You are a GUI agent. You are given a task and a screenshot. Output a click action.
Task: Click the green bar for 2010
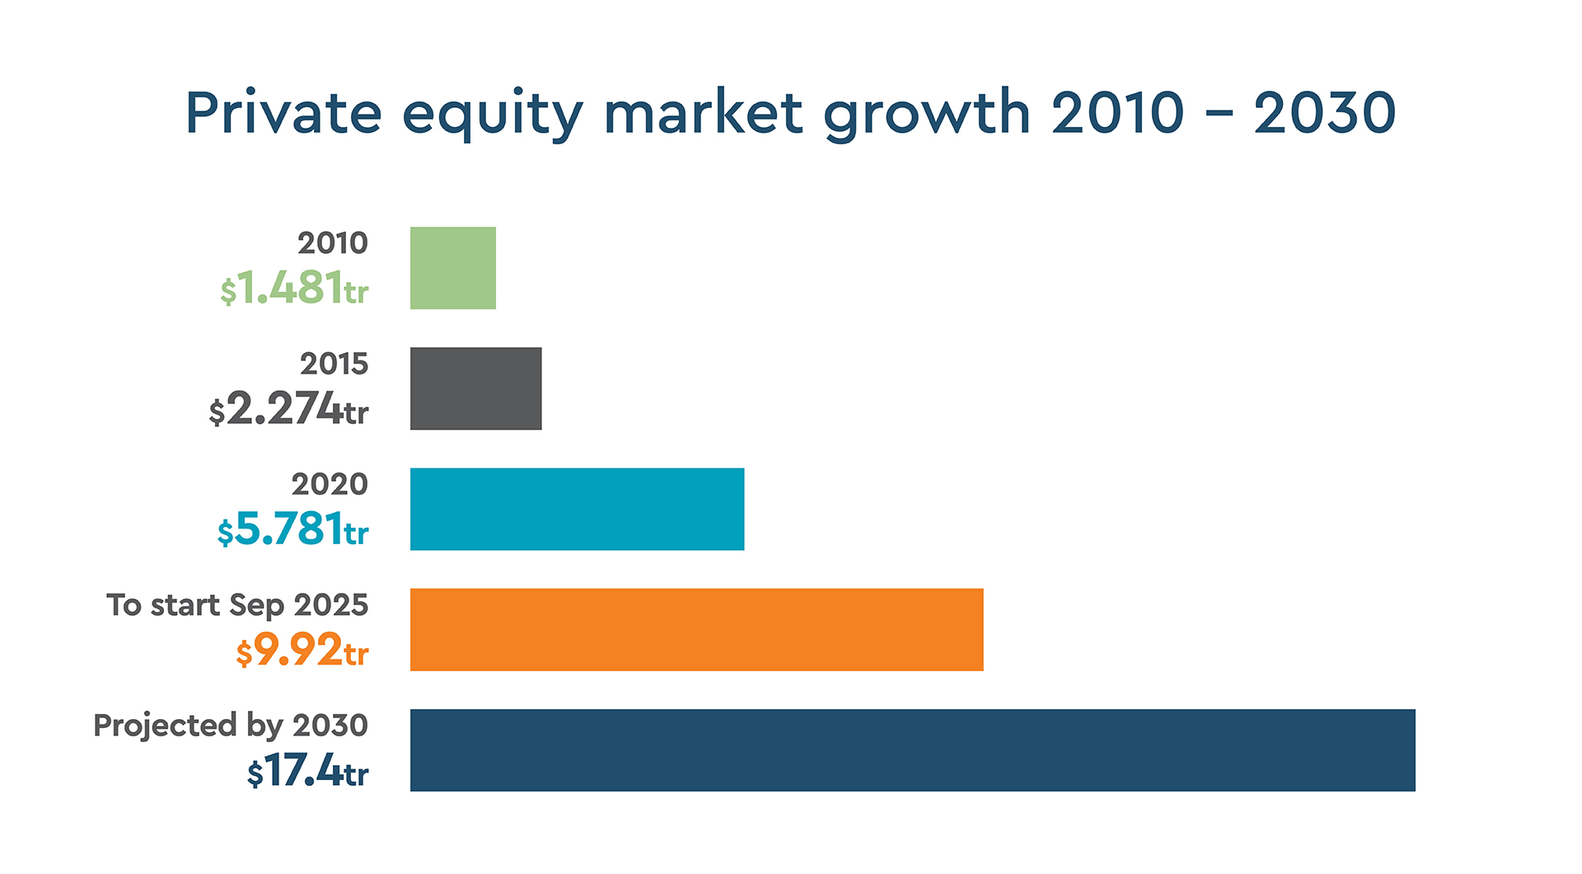point(453,268)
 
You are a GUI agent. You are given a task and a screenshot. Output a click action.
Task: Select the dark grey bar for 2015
point(475,388)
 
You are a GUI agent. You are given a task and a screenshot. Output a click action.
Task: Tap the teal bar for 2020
point(577,509)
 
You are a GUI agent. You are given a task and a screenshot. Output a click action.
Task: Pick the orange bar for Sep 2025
point(696,629)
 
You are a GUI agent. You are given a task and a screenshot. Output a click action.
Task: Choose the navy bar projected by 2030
point(912,749)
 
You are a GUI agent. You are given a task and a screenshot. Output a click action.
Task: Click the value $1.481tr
point(294,289)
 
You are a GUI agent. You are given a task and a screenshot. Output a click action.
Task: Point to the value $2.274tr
point(288,409)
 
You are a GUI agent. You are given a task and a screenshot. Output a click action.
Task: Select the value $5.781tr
point(293,529)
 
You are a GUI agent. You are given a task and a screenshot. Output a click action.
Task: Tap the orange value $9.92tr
point(302,650)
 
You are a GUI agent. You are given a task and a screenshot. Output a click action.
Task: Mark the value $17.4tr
point(307,771)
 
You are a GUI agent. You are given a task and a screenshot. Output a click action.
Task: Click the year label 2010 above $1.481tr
point(333,243)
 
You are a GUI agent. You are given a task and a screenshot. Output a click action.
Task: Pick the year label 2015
point(334,364)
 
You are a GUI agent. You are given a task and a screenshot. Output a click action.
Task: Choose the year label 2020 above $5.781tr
point(330,484)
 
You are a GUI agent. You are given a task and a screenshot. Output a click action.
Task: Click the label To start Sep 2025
point(237,605)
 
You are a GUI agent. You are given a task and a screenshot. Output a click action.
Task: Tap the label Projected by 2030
point(231,726)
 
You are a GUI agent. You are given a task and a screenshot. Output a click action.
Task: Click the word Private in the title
point(283,113)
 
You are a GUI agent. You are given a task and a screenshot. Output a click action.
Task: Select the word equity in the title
point(493,115)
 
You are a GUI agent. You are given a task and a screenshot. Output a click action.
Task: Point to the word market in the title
point(703,113)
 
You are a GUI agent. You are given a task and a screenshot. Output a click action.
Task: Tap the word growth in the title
point(927,115)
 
